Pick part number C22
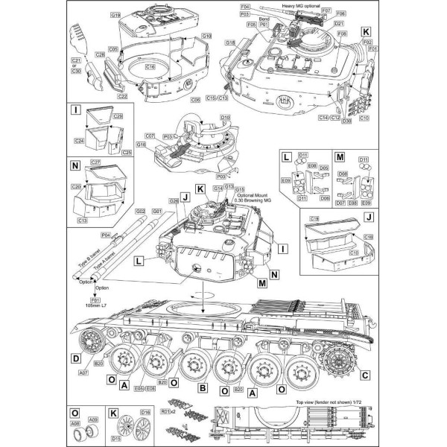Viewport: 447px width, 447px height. [122, 95]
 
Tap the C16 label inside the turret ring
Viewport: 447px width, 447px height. [150, 67]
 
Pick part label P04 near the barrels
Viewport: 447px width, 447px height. [105, 235]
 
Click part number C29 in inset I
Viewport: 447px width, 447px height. [117, 117]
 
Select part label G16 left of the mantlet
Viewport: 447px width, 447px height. [140, 145]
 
